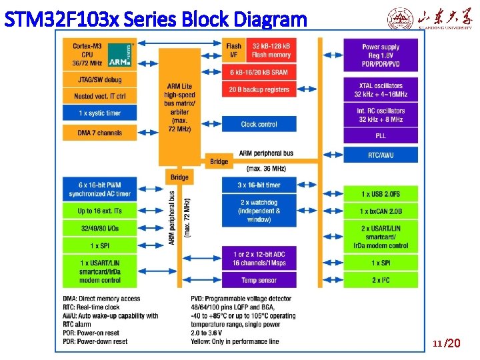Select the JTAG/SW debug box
click(100, 80)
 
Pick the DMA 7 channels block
click(100, 133)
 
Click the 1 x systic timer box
click(100, 113)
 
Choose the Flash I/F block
click(233, 51)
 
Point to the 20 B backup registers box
click(259, 89)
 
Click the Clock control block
click(259, 124)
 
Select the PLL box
click(381, 136)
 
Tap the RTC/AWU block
click(381, 155)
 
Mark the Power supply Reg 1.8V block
click(381, 54)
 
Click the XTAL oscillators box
click(381, 90)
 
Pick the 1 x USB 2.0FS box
click(381, 194)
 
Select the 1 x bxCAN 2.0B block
click(381, 211)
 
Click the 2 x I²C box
click(381, 280)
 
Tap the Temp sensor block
click(259, 281)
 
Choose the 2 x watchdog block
click(259, 211)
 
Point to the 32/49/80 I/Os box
click(100, 228)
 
